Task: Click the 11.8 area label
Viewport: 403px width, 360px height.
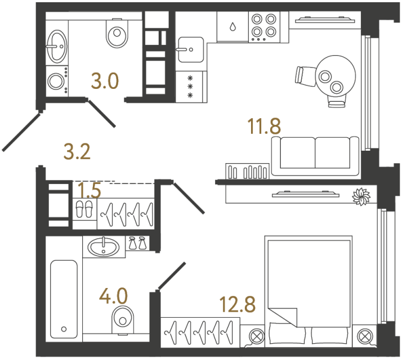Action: click(x=264, y=127)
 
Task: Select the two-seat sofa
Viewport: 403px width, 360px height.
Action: click(x=315, y=156)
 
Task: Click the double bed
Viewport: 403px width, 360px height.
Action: click(x=310, y=287)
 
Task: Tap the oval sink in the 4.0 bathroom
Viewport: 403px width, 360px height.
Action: click(x=105, y=246)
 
